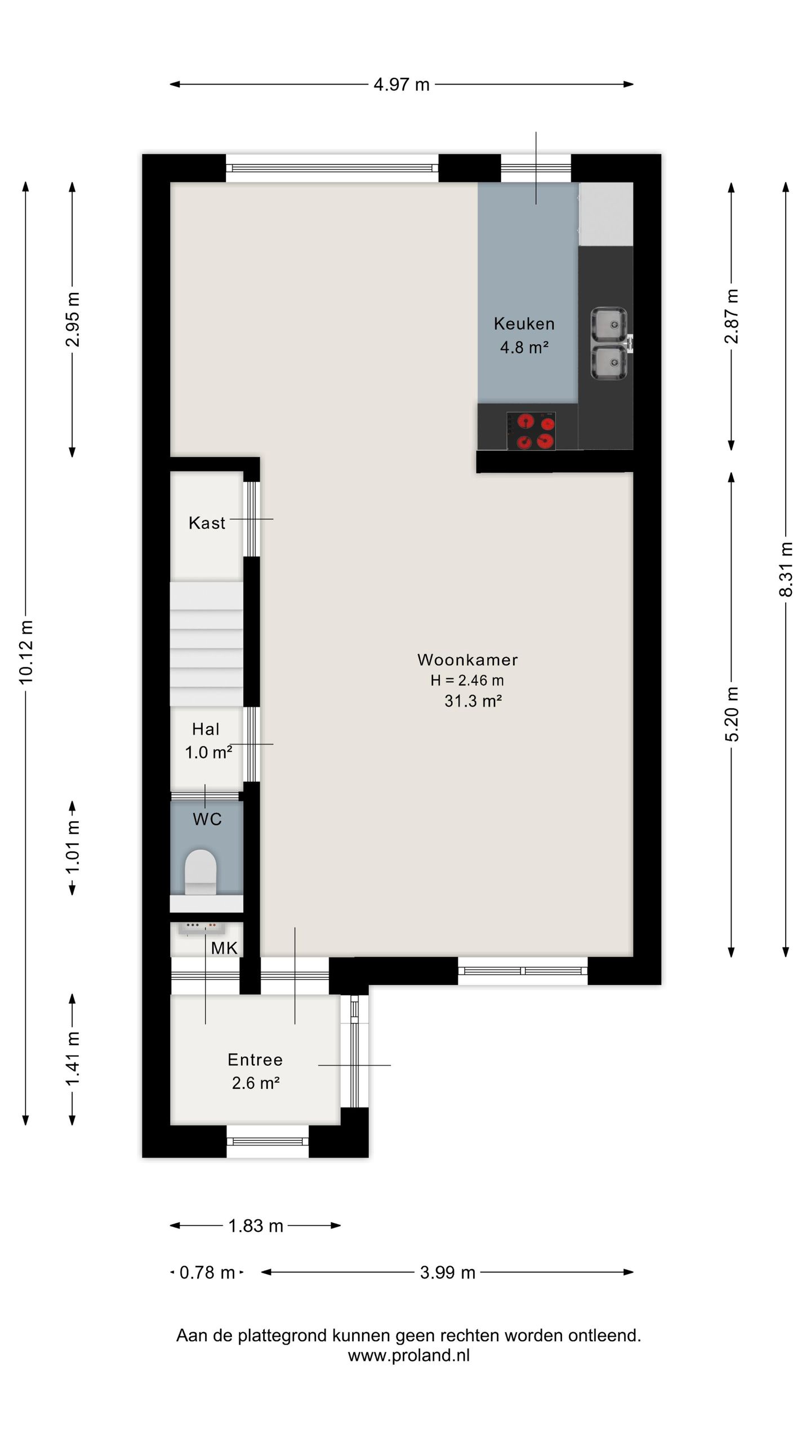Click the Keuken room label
(x=524, y=323)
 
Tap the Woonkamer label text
(x=467, y=660)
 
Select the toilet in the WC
(x=201, y=872)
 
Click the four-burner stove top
(x=531, y=431)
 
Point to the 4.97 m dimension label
(x=402, y=84)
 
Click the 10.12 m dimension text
(x=26, y=652)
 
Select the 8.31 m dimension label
(x=786, y=569)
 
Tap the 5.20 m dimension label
(x=732, y=714)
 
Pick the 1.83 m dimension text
(x=256, y=1226)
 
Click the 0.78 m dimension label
(x=207, y=1272)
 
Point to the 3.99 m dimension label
(x=448, y=1272)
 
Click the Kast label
(x=207, y=523)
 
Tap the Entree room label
(x=255, y=1060)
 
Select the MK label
(x=224, y=948)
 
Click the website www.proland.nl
(x=409, y=1355)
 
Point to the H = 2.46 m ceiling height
(x=467, y=680)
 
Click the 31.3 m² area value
(x=473, y=701)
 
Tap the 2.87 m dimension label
(x=732, y=316)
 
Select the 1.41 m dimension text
(x=73, y=1059)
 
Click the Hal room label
(x=206, y=729)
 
